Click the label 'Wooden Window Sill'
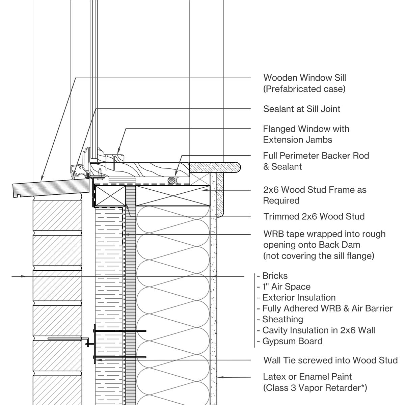tap(304, 78)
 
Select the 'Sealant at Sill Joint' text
tap(302, 109)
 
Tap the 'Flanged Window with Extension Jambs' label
tap(306, 134)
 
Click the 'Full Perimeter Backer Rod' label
tap(316, 156)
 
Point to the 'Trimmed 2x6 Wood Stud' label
tap(314, 216)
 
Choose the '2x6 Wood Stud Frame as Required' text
tap(314, 195)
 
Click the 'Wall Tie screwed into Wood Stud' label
tap(330, 360)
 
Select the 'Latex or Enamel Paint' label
tap(307, 377)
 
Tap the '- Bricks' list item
tap(272, 276)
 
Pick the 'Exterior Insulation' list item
tap(296, 298)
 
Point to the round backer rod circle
tap(172, 180)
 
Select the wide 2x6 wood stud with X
tap(172, 195)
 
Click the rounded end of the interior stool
tap(236, 167)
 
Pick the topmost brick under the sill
tap(57, 215)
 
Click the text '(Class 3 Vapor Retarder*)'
tap(315, 388)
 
